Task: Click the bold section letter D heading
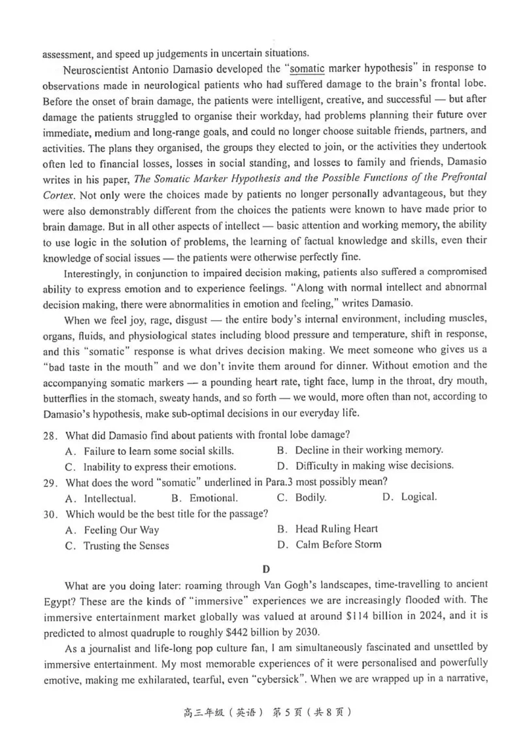pos(266,569)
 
